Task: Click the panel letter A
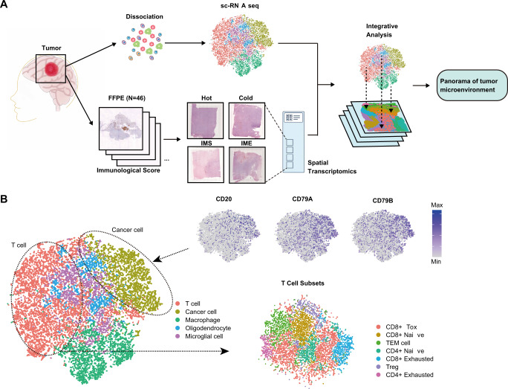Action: (7, 7)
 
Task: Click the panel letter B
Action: (7, 201)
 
